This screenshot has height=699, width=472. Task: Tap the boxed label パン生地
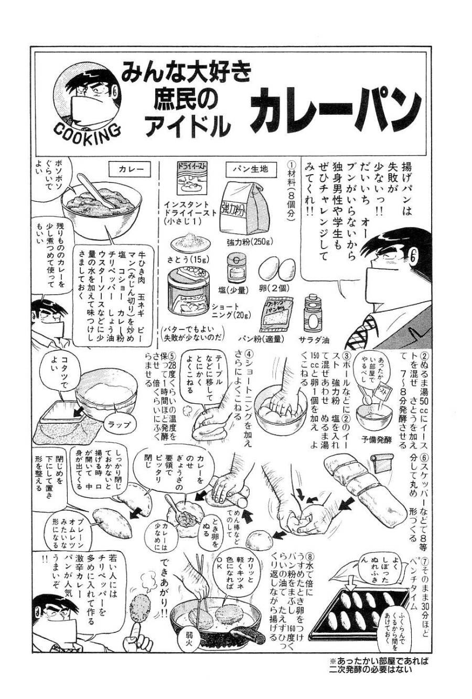(x=250, y=169)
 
